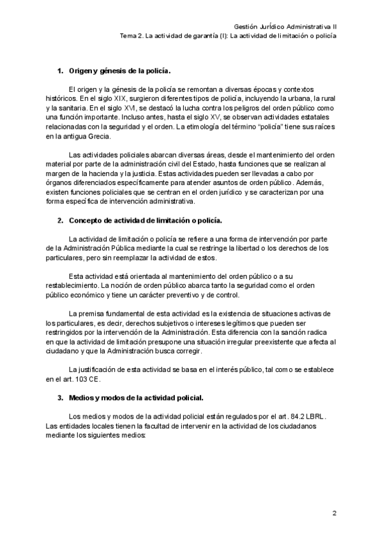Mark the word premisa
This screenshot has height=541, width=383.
pos(94,313)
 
